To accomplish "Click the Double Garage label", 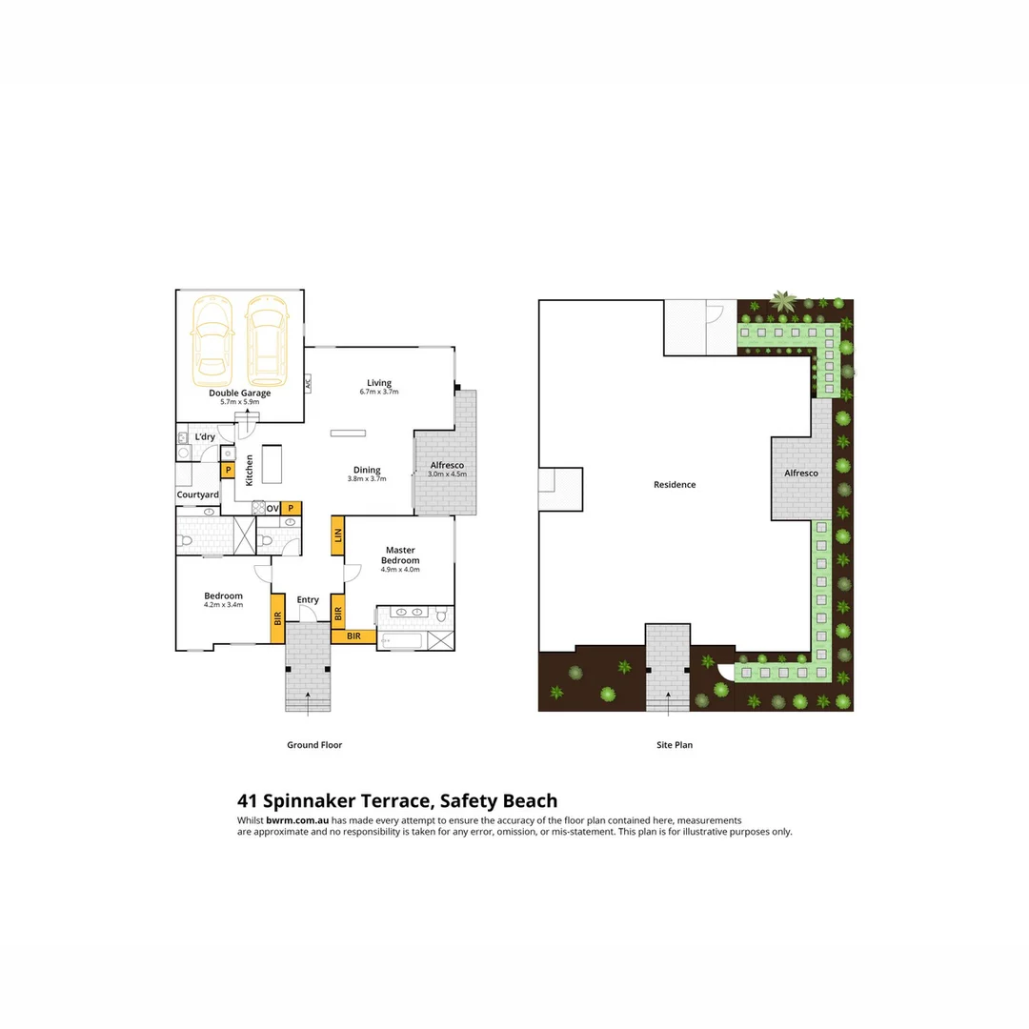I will pyautogui.click(x=240, y=393).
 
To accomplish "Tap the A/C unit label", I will pyautogui.click(x=308, y=384).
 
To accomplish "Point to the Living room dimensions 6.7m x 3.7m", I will pyautogui.click(x=379, y=393).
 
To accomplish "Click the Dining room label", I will pyautogui.click(x=367, y=470).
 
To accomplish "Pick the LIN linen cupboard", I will pyautogui.click(x=337, y=535).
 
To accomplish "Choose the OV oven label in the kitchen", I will pyautogui.click(x=272, y=509).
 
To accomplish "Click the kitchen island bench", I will pyautogui.click(x=272, y=463).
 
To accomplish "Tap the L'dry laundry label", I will pyautogui.click(x=205, y=437).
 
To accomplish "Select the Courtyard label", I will pyautogui.click(x=197, y=494).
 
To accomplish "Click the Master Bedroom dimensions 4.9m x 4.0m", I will pyautogui.click(x=401, y=570).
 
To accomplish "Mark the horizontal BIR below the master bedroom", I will pyautogui.click(x=353, y=636).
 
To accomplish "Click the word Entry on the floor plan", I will pyautogui.click(x=308, y=599).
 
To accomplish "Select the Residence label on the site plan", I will pyautogui.click(x=675, y=485).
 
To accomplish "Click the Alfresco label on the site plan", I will pyautogui.click(x=801, y=473).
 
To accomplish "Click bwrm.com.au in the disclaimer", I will pyautogui.click(x=297, y=820).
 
